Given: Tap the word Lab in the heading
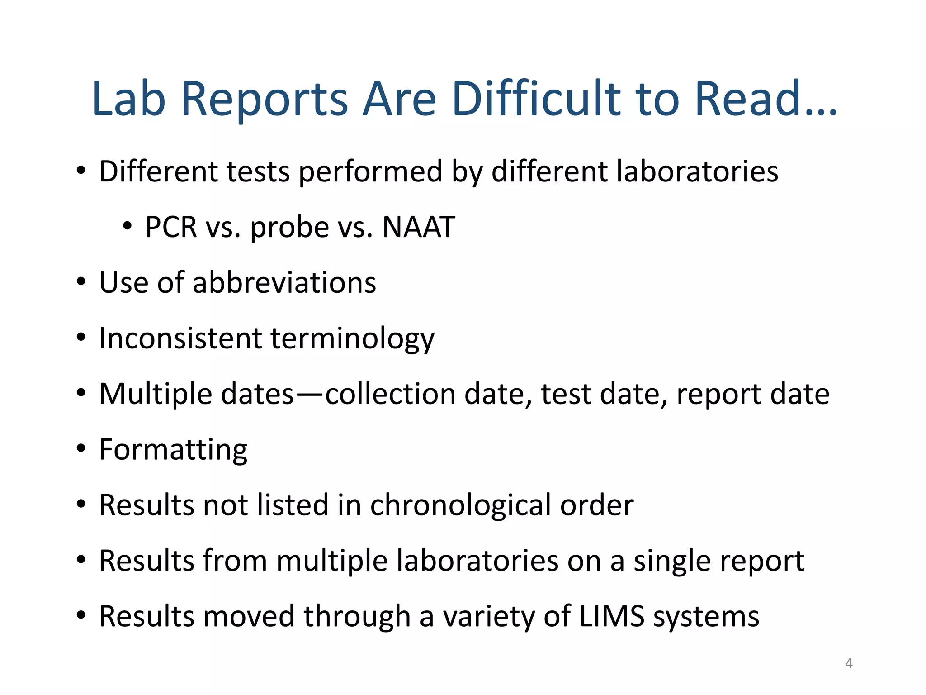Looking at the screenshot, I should tap(128, 99).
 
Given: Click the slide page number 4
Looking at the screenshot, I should tap(849, 663).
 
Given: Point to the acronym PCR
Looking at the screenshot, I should tap(171, 227).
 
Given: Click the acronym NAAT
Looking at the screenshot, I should tap(418, 227).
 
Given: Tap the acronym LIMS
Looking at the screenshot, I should tap(611, 616).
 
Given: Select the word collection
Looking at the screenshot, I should tap(390, 394).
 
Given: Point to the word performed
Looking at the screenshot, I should tap(370, 172).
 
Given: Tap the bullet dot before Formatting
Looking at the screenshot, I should tap(81, 449).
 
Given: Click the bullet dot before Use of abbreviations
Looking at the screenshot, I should tap(81, 282).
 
